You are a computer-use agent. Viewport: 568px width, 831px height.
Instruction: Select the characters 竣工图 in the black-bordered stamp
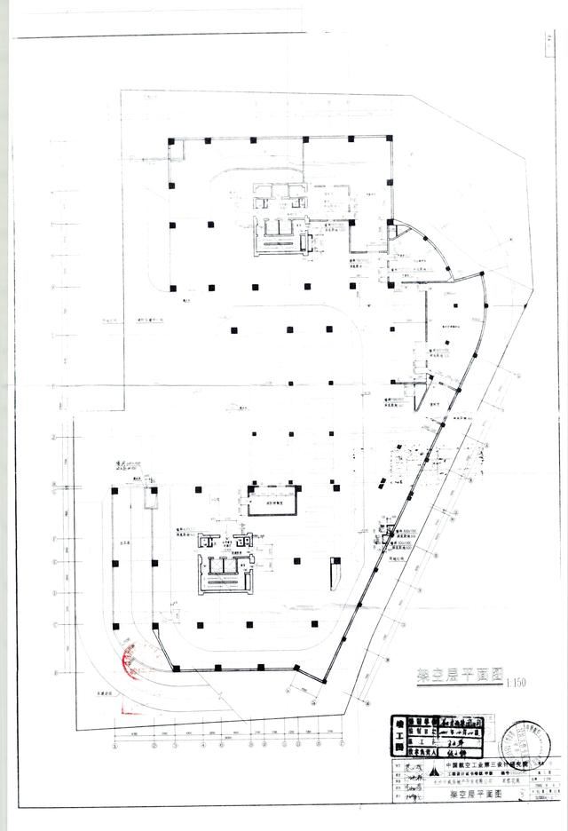(x=398, y=735)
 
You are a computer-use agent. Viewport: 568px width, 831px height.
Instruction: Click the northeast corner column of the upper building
(x=388, y=138)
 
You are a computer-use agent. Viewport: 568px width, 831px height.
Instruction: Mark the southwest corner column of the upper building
(x=172, y=287)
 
